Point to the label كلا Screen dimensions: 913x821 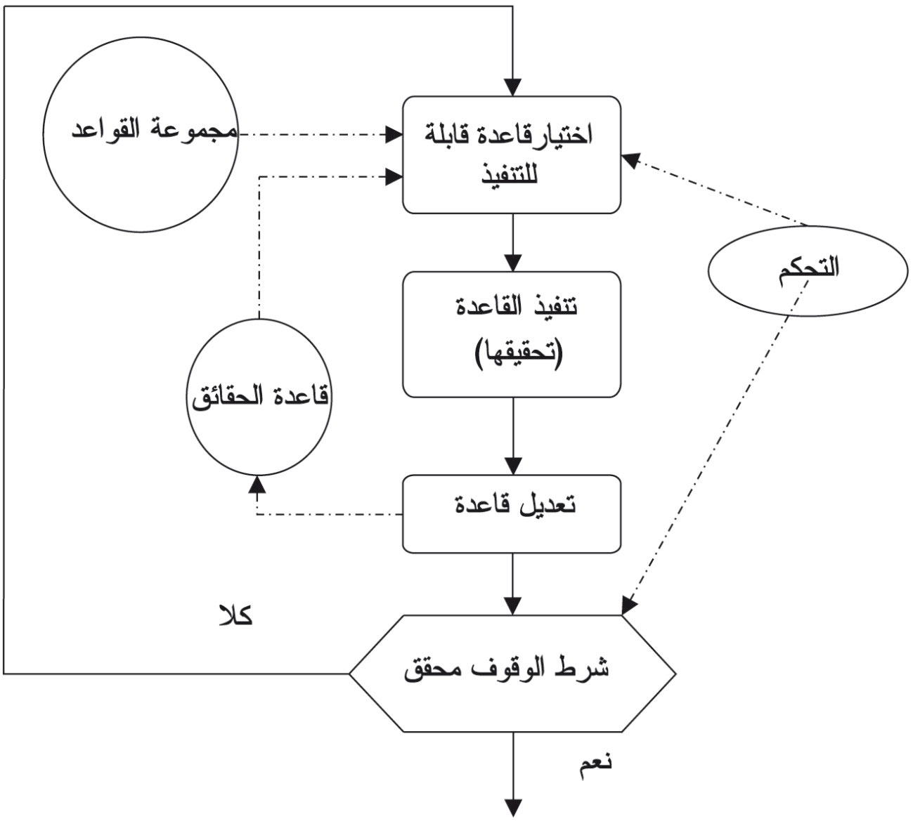235,617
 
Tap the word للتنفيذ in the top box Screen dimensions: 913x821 510,173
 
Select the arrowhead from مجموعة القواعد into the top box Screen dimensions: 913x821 394,135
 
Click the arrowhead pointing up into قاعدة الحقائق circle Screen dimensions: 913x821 258,485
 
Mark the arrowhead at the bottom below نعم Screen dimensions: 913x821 513,808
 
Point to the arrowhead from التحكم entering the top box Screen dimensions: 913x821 631,161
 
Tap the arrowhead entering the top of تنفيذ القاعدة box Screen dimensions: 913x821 513,263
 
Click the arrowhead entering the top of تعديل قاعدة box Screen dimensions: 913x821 513,466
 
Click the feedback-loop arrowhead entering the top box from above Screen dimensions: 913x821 513,87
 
